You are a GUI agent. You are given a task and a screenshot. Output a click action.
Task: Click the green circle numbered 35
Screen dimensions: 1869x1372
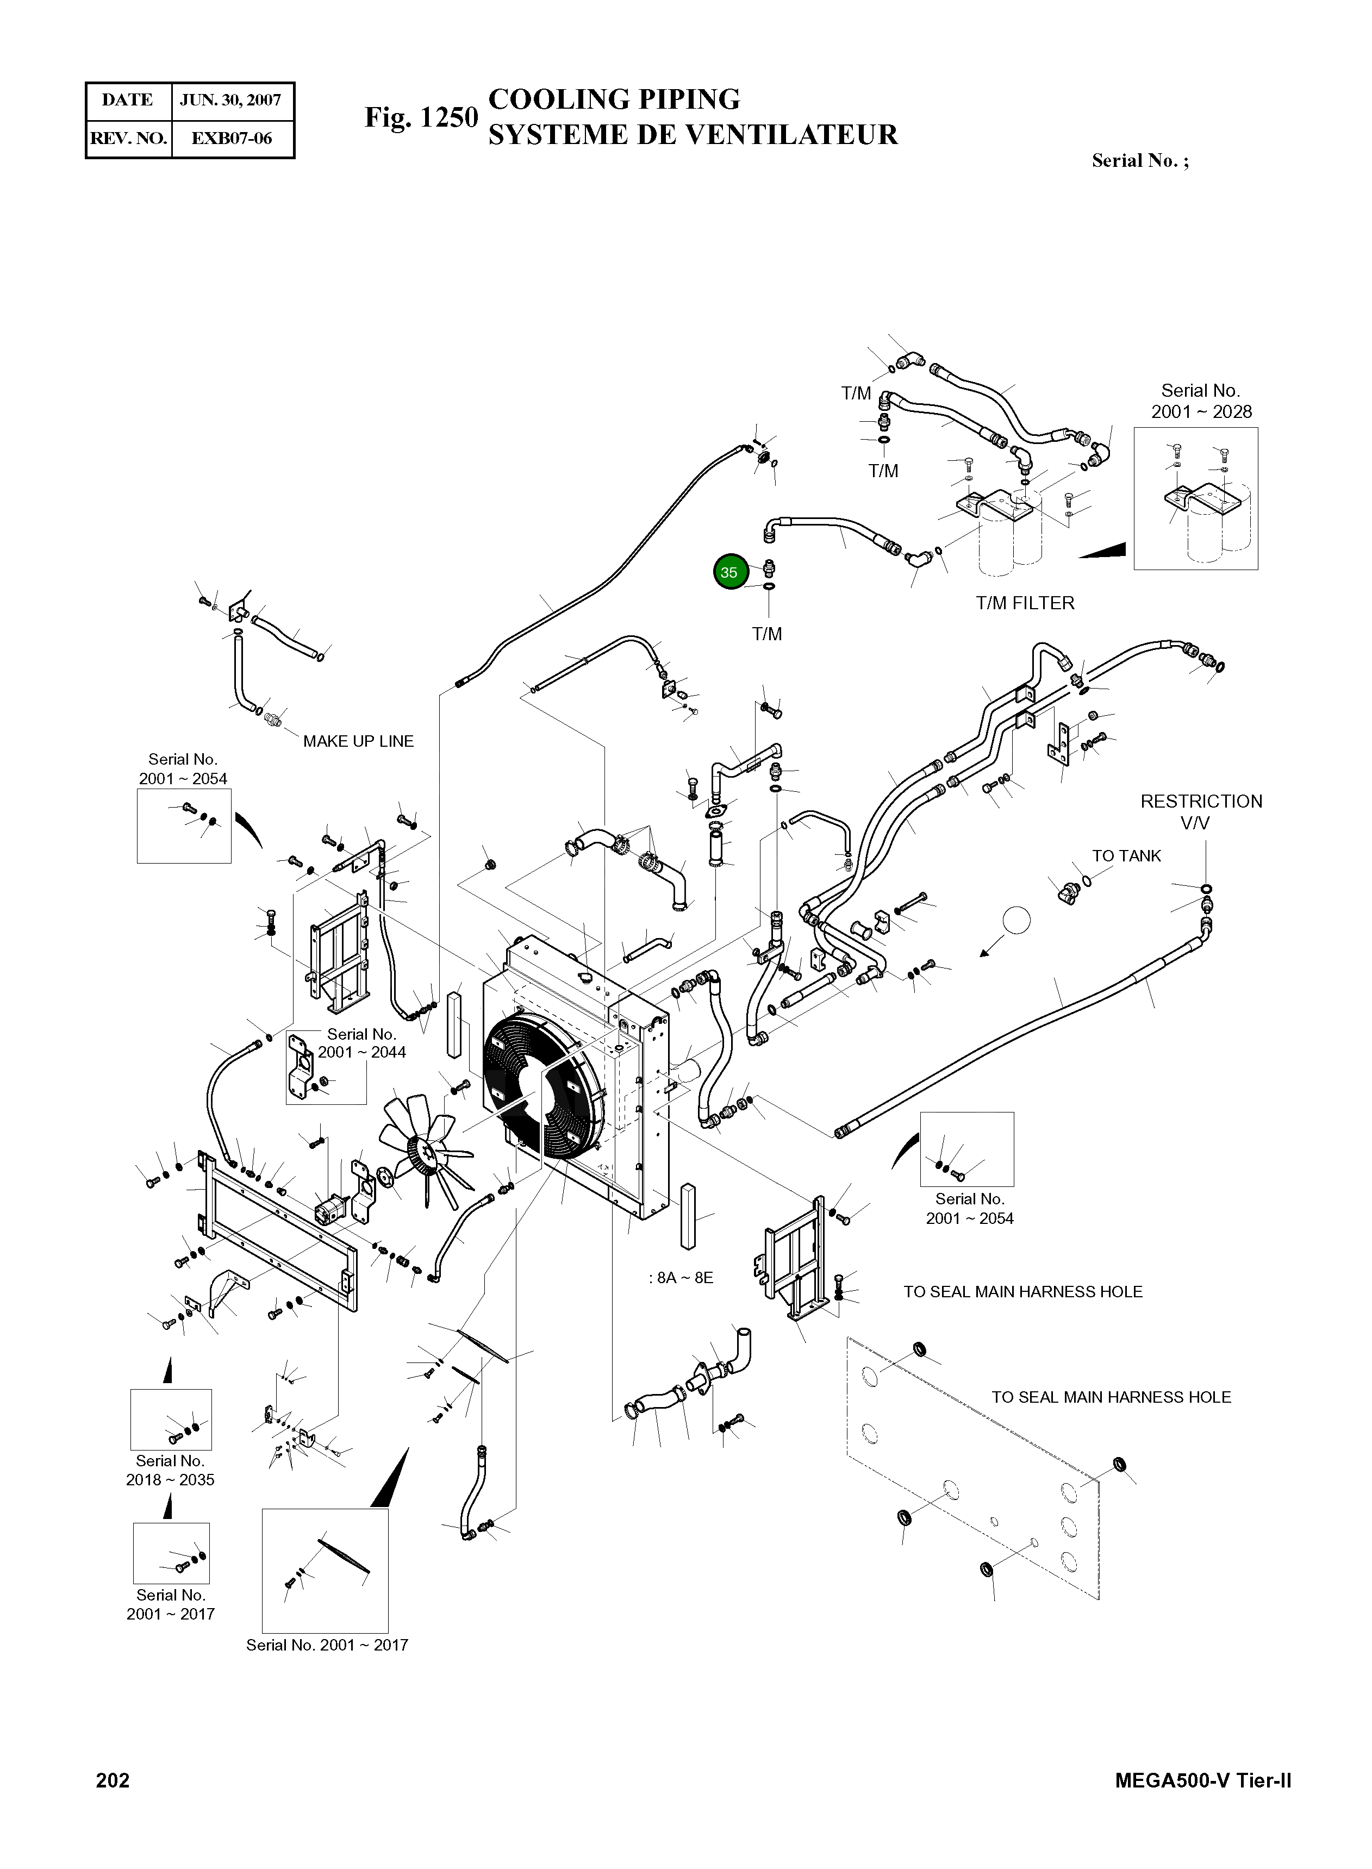729,572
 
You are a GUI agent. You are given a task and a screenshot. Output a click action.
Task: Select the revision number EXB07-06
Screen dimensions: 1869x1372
231,139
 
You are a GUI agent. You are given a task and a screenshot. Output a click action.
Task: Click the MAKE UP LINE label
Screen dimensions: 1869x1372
358,741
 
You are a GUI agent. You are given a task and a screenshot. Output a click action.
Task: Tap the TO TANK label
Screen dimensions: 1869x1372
1126,856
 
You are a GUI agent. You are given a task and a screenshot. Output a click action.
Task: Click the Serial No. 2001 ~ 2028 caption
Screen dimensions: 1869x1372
1201,401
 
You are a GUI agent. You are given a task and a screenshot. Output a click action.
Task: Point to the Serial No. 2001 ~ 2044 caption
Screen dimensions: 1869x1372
362,1043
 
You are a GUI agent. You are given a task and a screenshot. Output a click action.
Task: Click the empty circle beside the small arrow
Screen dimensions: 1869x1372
1016,920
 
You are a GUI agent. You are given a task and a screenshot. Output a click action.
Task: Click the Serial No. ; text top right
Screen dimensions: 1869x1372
1139,161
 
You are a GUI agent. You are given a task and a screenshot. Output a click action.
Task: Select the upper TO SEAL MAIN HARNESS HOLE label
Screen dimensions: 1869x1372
1022,1292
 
